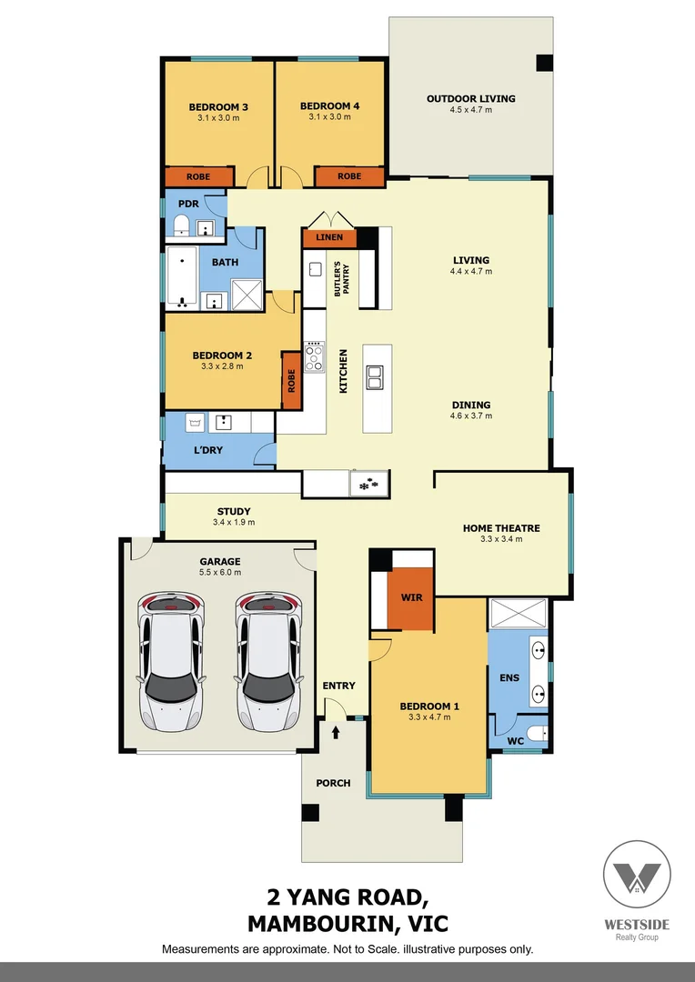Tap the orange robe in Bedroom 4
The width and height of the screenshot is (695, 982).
[349, 176]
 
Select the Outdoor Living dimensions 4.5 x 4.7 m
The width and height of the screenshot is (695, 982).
[470, 110]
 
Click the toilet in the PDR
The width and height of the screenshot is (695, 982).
[180, 225]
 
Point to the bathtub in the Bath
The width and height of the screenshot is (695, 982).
[184, 276]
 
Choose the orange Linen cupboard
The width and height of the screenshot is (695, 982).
[329, 238]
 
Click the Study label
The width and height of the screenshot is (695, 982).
[234, 511]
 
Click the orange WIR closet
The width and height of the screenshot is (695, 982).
[410, 598]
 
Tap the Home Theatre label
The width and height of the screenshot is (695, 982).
[501, 527]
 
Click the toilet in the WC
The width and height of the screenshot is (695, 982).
[535, 733]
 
